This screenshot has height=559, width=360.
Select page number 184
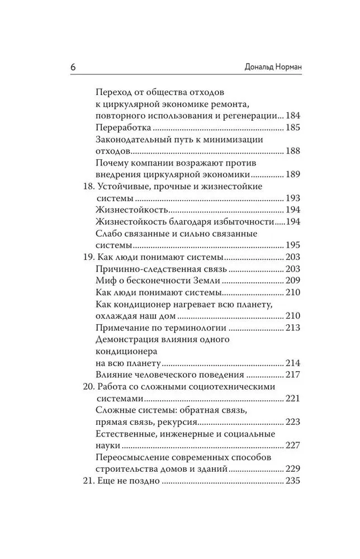coord(293,116)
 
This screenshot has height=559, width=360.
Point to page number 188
coord(293,151)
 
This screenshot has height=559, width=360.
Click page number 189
coord(293,174)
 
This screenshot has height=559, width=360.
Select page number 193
coord(293,198)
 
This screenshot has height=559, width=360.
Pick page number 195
coord(293,245)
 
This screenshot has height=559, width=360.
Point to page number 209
coord(293,280)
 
